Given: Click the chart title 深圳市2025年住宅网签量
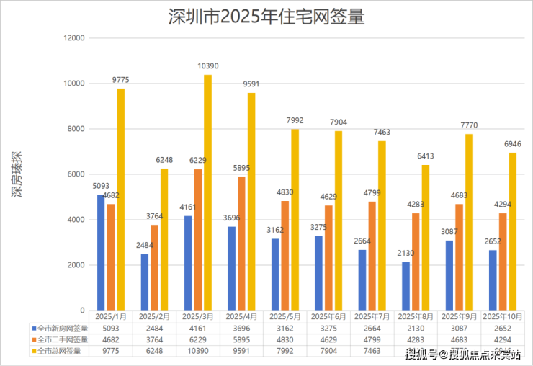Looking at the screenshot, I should (x=266, y=16).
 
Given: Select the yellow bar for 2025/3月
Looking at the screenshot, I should (x=207, y=192).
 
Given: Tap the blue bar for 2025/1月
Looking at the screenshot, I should (x=101, y=252).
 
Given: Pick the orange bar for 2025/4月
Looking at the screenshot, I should (x=241, y=243).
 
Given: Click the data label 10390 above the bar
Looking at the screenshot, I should (x=207, y=66).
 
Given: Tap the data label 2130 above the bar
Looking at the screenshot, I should (x=405, y=253).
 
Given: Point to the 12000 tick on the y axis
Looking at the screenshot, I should (x=75, y=38).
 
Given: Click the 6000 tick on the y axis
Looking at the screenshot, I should (x=77, y=174).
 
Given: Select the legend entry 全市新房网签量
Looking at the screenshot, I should (x=63, y=328).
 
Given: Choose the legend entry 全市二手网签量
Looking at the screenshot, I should (x=63, y=339).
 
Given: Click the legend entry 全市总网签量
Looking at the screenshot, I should (x=61, y=351).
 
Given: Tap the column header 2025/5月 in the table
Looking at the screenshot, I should (x=284, y=316).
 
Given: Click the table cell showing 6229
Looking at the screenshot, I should (x=197, y=339).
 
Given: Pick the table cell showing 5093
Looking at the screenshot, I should (x=110, y=328).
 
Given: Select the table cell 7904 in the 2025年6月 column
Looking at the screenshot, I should (x=327, y=351).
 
